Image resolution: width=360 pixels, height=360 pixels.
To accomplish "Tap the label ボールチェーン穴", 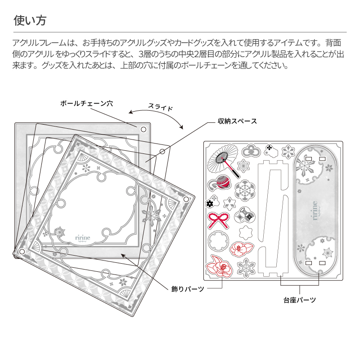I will coord(86,103).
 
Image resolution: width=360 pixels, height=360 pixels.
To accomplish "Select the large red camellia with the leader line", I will coord(220,267).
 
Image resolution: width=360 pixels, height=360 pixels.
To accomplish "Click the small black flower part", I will coord(209,204).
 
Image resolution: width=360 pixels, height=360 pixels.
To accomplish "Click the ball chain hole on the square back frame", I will coord(143,129).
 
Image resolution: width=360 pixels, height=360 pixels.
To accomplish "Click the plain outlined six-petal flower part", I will coord(245,232).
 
